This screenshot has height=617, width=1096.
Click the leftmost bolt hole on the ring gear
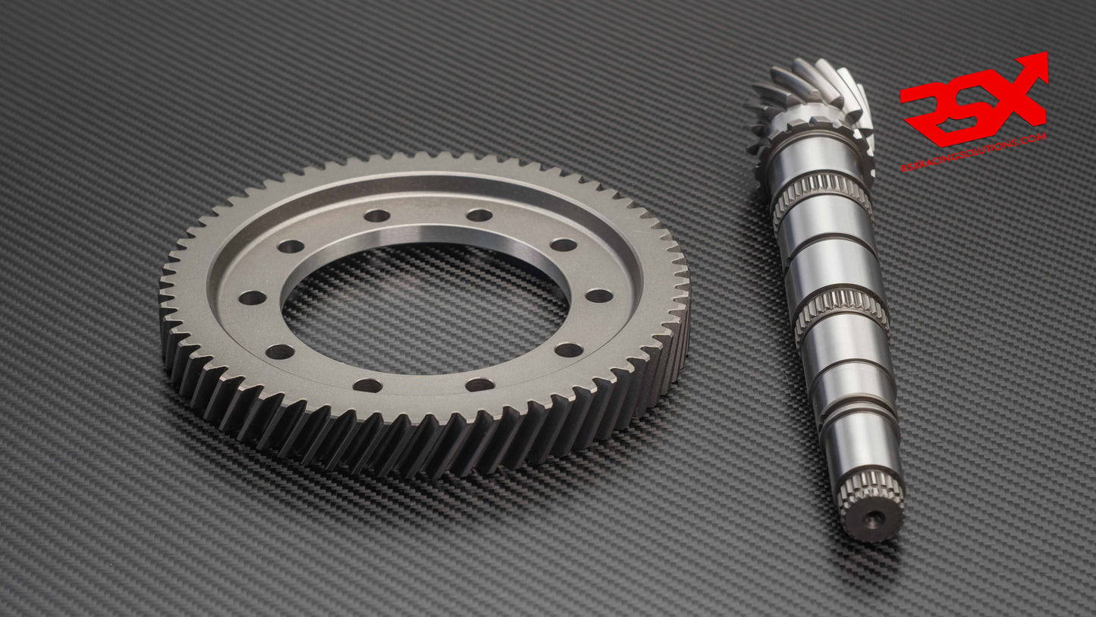click(252, 297)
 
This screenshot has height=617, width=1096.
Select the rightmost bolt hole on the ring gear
click(599, 295)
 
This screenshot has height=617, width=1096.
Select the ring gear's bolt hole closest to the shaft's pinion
click(564, 244)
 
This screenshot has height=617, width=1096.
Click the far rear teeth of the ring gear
click(425, 161)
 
